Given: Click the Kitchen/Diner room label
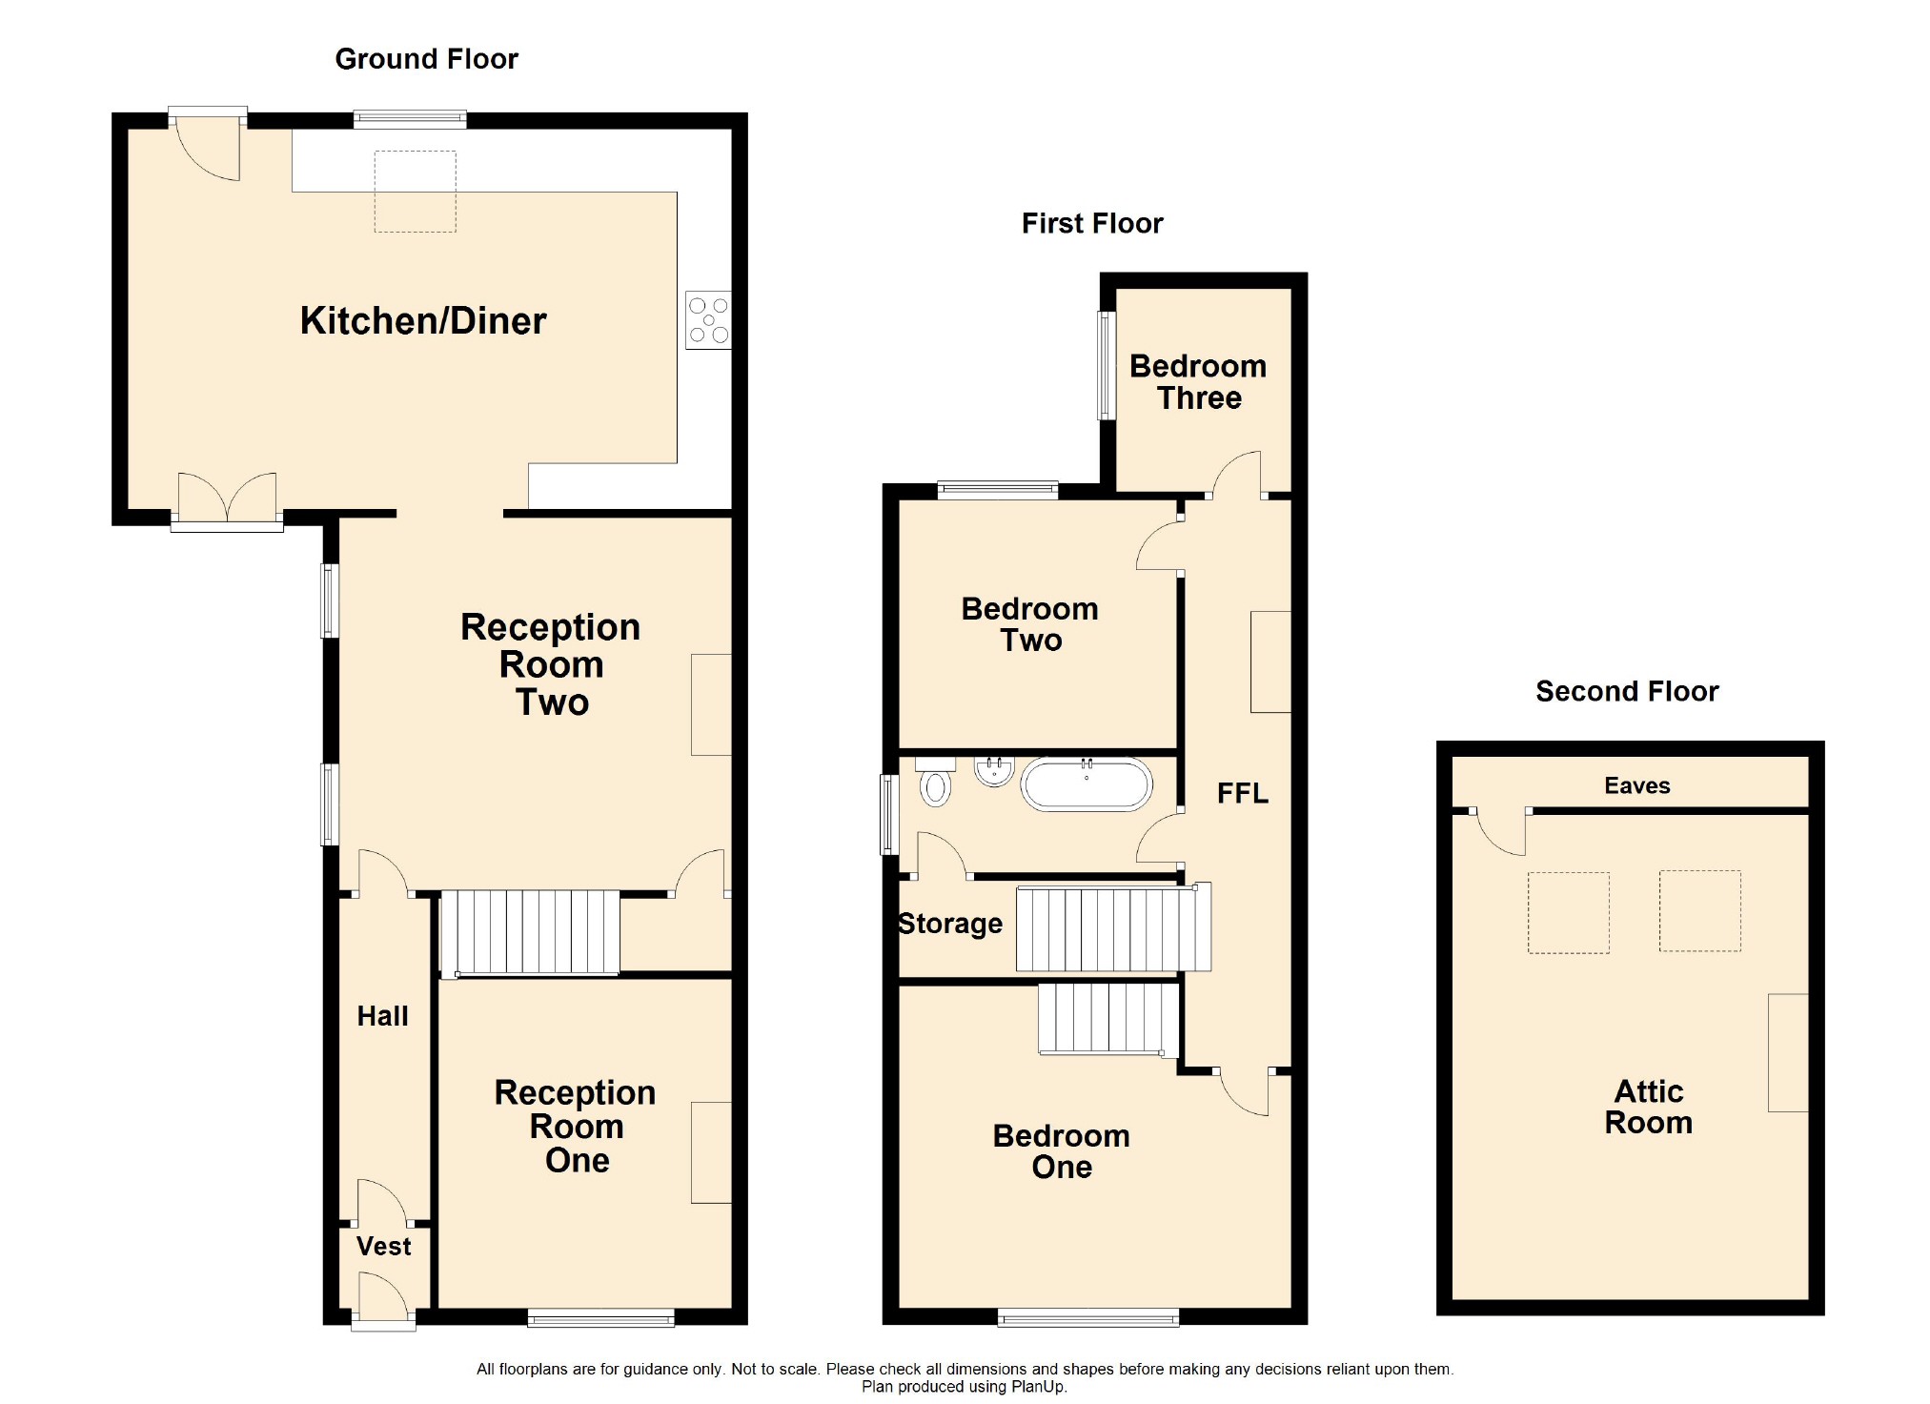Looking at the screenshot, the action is pyautogui.click(x=423, y=321).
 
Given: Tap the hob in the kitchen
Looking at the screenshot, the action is pyautogui.click(x=708, y=320).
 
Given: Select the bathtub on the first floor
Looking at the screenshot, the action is pyautogui.click(x=1087, y=784).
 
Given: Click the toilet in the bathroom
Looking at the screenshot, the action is pyautogui.click(x=936, y=782).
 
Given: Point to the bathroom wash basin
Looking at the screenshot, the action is pyautogui.click(x=994, y=770).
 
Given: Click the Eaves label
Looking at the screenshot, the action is pyautogui.click(x=1636, y=785).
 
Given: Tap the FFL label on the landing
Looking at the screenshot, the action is pyautogui.click(x=1242, y=793).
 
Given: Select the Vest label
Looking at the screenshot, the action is pyautogui.click(x=383, y=1246).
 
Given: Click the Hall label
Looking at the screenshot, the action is pyautogui.click(x=382, y=1016).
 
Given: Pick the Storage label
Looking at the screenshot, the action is pyautogui.click(x=950, y=924).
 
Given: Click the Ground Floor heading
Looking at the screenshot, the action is pyautogui.click(x=426, y=59).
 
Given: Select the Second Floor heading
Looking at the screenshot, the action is pyautogui.click(x=1627, y=691).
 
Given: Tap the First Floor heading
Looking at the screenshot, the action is pyautogui.click(x=1092, y=223).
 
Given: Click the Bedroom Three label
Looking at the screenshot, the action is pyautogui.click(x=1198, y=381).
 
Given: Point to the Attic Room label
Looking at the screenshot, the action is pyautogui.click(x=1648, y=1107).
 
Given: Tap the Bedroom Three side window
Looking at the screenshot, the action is pyautogui.click(x=1106, y=365).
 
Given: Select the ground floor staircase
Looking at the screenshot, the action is pyautogui.click(x=530, y=933).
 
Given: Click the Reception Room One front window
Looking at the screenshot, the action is pyautogui.click(x=601, y=1317).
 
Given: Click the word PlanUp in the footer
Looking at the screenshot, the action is pyautogui.click(x=1038, y=1387).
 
